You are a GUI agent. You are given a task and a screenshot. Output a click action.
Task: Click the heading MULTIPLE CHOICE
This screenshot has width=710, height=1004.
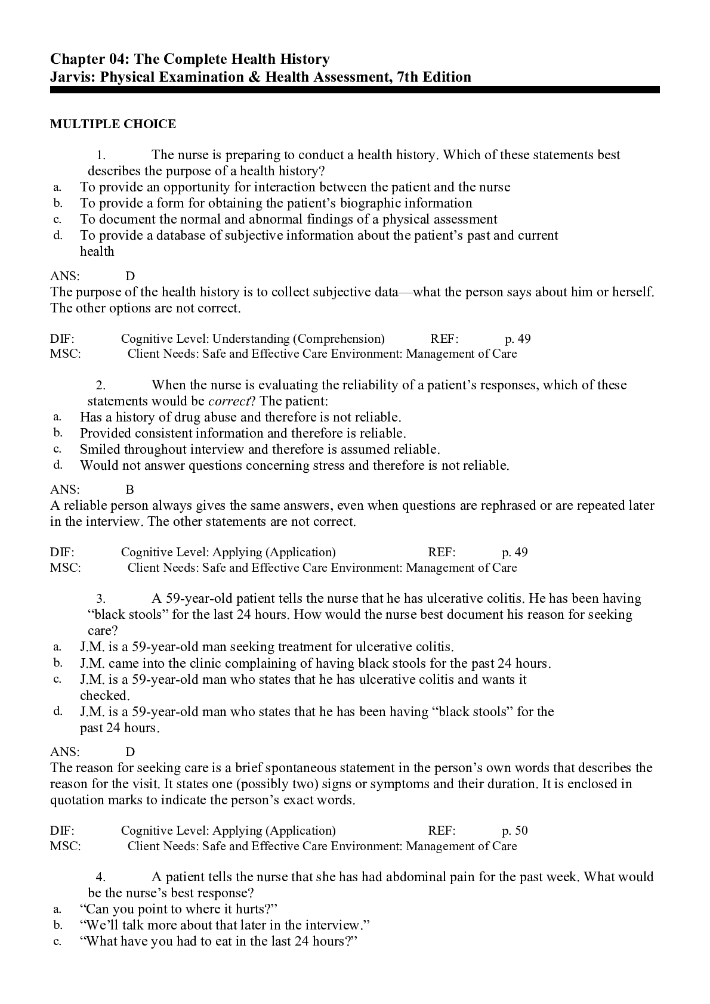tap(113, 124)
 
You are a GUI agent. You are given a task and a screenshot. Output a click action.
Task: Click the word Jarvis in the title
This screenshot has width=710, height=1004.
tap(71, 77)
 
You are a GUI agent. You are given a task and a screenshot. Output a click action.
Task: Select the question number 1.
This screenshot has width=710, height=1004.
tap(101, 155)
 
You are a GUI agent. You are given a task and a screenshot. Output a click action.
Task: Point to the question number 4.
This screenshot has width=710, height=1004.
tap(101, 877)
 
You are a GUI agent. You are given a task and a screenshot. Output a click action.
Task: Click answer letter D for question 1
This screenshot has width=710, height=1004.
tap(130, 276)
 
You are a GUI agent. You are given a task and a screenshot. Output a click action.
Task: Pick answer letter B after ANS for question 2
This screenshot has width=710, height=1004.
tap(130, 489)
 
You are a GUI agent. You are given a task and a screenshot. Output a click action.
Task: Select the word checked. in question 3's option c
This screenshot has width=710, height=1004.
tap(104, 696)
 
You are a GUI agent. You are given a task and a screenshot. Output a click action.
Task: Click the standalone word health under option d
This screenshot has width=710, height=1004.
tap(97, 252)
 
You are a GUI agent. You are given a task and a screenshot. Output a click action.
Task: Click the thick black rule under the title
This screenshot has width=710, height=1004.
tap(354, 90)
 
